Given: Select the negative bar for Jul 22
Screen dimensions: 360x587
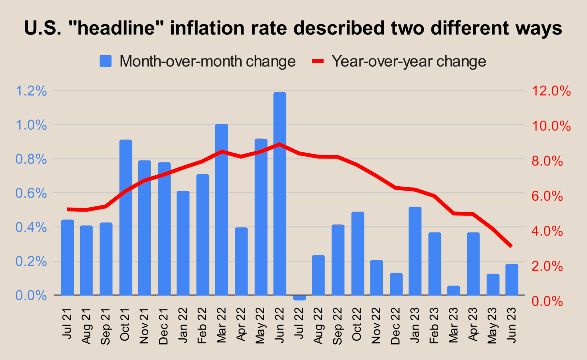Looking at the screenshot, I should [x=299, y=298].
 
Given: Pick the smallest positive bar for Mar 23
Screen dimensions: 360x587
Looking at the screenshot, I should [x=453, y=291].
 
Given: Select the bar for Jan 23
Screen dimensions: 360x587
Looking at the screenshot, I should [x=415, y=251].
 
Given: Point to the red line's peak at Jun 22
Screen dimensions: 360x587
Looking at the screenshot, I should [x=280, y=144].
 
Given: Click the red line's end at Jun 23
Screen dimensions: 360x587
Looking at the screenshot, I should [x=511, y=246].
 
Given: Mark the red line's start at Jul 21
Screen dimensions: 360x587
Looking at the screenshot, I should [x=68, y=209].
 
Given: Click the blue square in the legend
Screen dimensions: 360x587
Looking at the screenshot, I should [x=106, y=61].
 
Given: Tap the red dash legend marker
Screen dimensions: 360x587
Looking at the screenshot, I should [x=318, y=61].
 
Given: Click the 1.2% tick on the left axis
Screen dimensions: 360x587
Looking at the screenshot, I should [x=31, y=91].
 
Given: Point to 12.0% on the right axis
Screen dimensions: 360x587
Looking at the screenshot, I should [x=551, y=91].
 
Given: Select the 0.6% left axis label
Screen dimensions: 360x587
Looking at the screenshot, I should [x=31, y=193].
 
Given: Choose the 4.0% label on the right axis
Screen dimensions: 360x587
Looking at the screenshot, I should [x=547, y=231].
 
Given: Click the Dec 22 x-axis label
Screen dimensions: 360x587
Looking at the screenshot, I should [x=395, y=326].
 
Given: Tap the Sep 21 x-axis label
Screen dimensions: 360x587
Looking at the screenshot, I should [x=106, y=326].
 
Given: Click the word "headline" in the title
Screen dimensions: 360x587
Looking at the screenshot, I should [x=116, y=28].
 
